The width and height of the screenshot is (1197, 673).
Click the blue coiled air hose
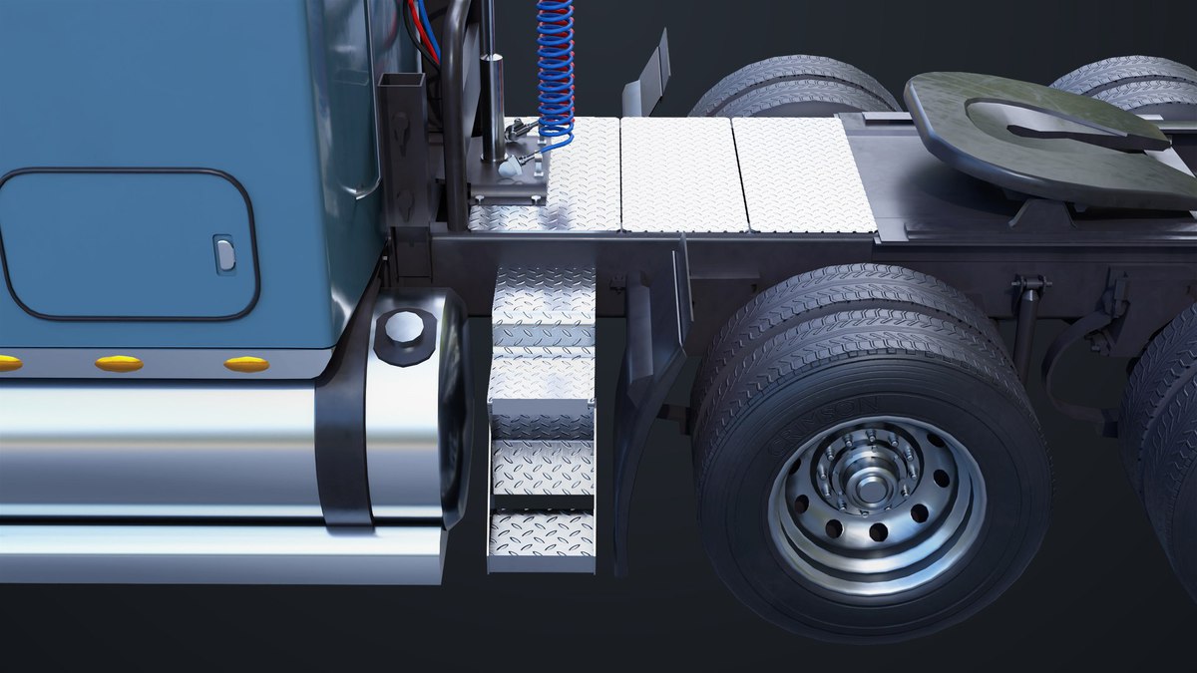tap(555, 70)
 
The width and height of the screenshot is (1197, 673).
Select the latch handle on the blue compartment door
tap(224, 253)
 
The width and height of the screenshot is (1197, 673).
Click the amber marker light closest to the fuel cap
tap(246, 364)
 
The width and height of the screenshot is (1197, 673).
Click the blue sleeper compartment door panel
tap(125, 244)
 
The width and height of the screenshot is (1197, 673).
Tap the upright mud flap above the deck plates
tap(648, 75)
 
